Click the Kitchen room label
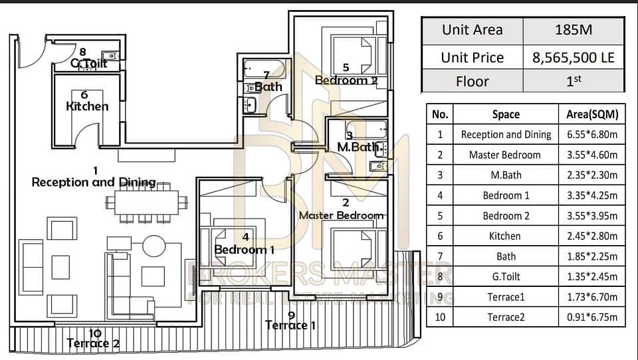87,106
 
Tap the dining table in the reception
146,203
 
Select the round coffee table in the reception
154,246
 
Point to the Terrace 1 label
290,325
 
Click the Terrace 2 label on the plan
93,343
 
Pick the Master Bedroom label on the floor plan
342,215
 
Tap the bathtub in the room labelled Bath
264,69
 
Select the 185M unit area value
574,30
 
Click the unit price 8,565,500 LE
574,58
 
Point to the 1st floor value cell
574,81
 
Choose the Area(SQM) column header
592,114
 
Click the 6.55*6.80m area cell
592,135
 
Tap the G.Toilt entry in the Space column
506,276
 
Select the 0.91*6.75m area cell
592,317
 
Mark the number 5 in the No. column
440,216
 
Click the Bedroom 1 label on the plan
244,249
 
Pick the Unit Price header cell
473,58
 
